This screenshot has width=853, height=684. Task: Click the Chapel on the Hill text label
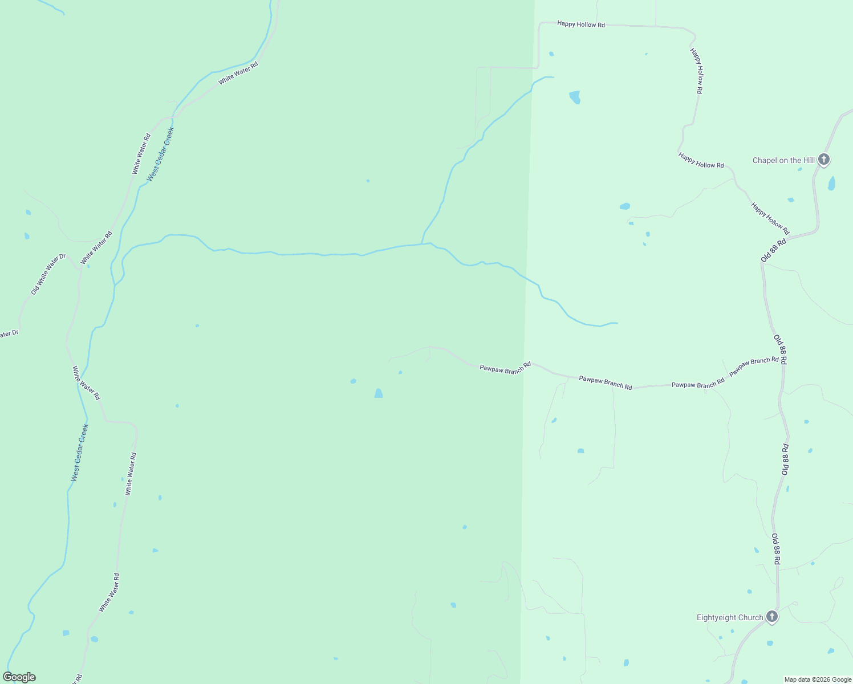[x=783, y=160]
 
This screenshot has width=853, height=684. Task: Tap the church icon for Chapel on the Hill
[x=823, y=159]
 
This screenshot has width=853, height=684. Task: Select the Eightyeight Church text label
[x=729, y=617]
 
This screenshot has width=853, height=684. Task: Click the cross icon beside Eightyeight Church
[x=771, y=617]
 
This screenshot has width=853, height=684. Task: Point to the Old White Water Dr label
[x=48, y=275]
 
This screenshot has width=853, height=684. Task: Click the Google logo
[x=19, y=677]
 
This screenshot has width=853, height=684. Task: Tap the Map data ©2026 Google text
[x=817, y=679]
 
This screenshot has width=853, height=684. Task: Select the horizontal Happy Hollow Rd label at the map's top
[x=580, y=25]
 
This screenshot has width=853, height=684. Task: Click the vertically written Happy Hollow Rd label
[x=696, y=71]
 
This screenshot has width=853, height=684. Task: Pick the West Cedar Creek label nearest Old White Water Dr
[x=160, y=154]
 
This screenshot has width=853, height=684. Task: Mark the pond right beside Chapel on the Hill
[x=831, y=184]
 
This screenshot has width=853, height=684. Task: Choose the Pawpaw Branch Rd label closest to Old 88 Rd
[x=753, y=365]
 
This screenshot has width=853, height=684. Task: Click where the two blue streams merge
[x=422, y=244]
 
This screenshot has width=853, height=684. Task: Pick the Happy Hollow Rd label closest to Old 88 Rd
[x=770, y=218]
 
